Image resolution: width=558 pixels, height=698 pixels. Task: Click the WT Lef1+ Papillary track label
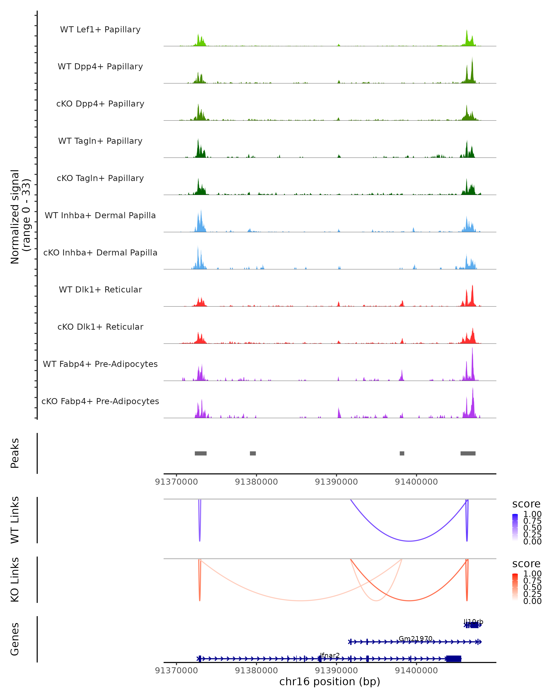pos(100,30)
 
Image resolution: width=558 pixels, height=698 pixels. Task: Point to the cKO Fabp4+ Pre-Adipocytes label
pos(100,401)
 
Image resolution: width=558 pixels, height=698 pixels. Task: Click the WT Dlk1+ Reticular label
pos(100,289)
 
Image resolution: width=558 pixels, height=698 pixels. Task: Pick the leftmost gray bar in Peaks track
pos(201,453)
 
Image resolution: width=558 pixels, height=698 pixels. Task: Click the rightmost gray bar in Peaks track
pos(468,453)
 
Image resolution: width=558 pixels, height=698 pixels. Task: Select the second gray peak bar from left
pos(253,453)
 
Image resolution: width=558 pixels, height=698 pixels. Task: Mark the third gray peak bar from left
pos(402,453)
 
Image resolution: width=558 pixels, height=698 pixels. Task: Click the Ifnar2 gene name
pos(330,655)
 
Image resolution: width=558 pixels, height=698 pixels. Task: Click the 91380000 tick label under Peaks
pos(256,482)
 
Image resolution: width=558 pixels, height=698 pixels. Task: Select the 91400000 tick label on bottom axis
pos(416,671)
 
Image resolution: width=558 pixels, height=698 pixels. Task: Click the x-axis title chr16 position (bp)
pos(330,682)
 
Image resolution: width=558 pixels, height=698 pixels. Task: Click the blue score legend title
pos(526,504)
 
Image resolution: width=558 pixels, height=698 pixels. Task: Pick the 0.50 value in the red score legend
pos(532,587)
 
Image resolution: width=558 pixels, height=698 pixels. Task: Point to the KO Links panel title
pos(15,580)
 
